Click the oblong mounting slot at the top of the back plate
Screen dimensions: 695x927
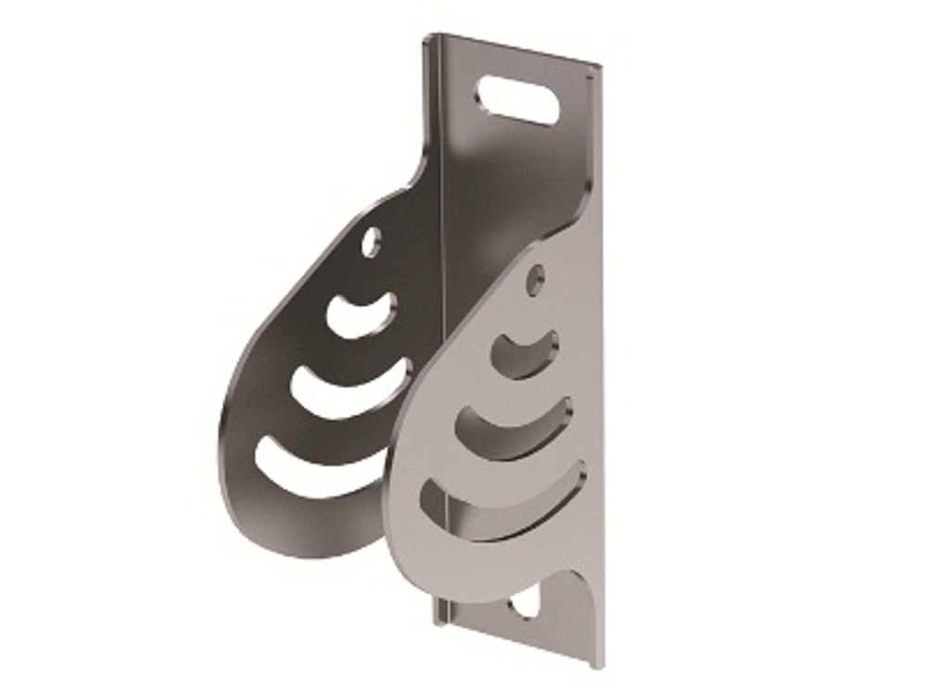click(x=517, y=100)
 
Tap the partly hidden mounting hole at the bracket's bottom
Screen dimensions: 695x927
click(x=524, y=604)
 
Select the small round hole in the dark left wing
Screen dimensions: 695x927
click(x=371, y=243)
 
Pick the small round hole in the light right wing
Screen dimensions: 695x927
click(x=535, y=279)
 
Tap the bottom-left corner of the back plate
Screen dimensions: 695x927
click(x=436, y=621)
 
